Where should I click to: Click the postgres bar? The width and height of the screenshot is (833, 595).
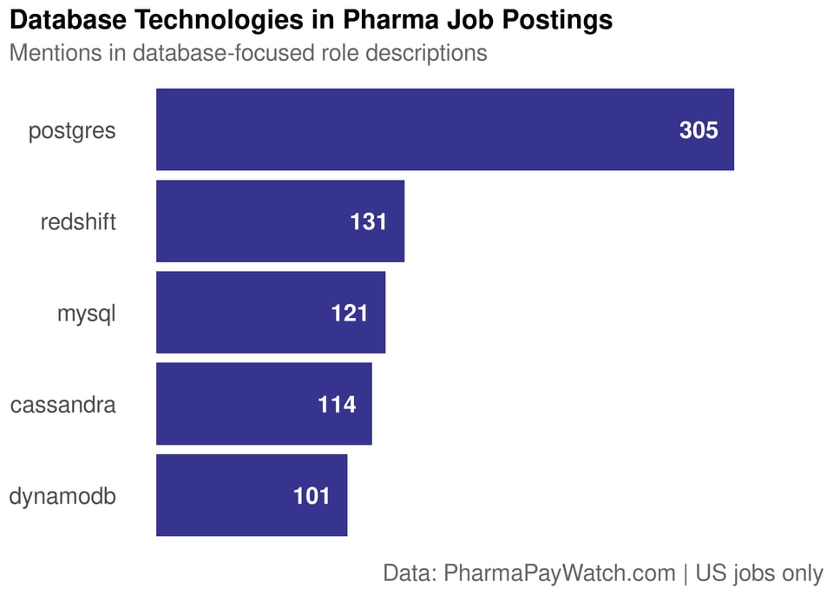point(444,129)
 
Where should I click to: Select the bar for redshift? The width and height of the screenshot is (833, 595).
point(279,221)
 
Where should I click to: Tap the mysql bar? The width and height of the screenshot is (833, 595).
point(270,313)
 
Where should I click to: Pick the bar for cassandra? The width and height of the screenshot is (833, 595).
point(263,404)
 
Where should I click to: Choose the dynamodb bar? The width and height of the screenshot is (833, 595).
point(251,495)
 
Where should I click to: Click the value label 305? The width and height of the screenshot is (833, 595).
point(699,130)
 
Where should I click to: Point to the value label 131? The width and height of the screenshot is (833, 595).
point(368,221)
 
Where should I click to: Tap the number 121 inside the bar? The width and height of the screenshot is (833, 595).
point(350,314)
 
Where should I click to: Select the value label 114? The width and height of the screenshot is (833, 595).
point(337,405)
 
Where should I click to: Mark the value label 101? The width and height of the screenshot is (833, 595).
point(312,496)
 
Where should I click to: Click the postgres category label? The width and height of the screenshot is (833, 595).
point(72,131)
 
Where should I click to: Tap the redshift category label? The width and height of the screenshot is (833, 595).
point(78,222)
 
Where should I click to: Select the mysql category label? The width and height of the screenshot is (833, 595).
point(86,314)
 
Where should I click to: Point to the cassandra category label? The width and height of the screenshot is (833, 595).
point(62,405)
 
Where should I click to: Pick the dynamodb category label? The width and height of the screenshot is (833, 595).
point(62,496)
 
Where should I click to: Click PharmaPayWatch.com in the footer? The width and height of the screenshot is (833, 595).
point(560,573)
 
